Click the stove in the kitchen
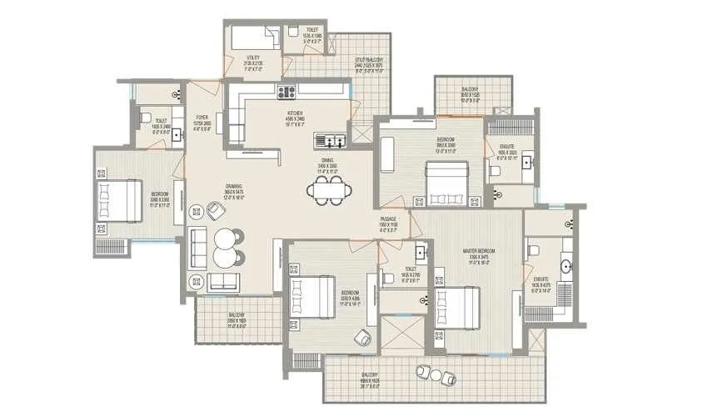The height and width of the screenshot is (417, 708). pos(288,92)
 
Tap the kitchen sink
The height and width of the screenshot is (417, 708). pos(335,140)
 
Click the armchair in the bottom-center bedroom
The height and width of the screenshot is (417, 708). pos(362,336)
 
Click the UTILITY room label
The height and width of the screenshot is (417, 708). pos(252,61)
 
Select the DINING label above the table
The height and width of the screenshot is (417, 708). pos(327,163)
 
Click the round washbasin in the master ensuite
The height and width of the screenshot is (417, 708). pos(567,269)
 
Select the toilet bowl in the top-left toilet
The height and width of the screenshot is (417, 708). pos(144,116)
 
